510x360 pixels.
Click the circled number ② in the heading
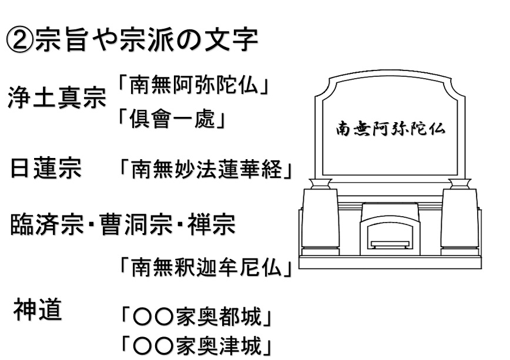point(19,41)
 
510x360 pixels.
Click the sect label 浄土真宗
point(57,97)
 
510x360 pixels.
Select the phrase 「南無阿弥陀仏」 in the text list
point(194,85)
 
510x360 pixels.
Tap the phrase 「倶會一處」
point(172,119)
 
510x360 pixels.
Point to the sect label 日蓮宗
point(46,168)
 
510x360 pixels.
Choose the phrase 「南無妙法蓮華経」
point(206,170)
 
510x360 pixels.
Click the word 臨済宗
point(47,225)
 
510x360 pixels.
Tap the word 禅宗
point(212,225)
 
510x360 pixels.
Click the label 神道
point(38,309)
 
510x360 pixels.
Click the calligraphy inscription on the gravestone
point(390,129)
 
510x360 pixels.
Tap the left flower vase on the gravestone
point(320,184)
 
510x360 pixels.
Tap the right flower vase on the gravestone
point(459,184)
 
